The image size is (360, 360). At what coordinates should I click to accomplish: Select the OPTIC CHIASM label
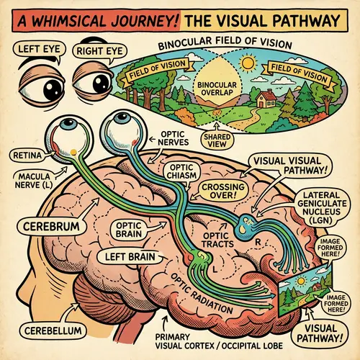click(x=179, y=171)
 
